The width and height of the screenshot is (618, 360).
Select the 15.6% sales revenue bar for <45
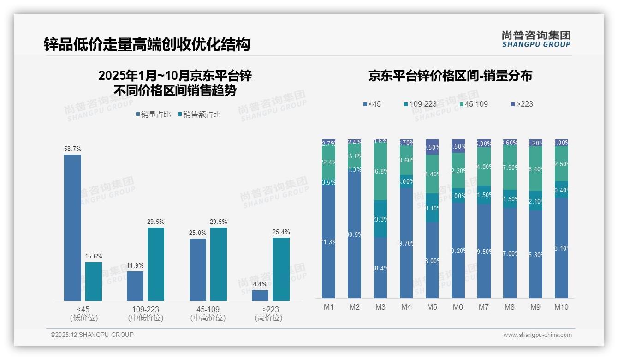click(94, 282)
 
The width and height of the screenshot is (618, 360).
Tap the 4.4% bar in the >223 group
click(260, 295)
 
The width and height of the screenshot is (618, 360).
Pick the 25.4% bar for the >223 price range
click(281, 269)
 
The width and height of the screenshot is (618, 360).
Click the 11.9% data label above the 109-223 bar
click(135, 265)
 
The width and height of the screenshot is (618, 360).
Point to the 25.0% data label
click(197, 233)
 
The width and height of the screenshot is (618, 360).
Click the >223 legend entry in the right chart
click(522, 104)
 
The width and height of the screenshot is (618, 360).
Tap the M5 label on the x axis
click(432, 307)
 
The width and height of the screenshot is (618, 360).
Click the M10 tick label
click(561, 307)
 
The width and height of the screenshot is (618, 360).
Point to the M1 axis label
click(328, 307)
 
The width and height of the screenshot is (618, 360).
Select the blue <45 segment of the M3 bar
click(380, 268)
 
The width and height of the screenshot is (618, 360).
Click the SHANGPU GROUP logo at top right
click(536, 39)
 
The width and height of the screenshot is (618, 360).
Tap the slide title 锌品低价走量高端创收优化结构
click(147, 44)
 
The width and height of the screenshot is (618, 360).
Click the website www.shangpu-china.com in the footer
click(537, 335)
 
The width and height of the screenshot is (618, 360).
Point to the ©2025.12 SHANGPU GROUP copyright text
click(92, 335)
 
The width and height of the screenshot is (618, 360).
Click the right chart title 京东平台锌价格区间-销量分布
click(450, 76)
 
